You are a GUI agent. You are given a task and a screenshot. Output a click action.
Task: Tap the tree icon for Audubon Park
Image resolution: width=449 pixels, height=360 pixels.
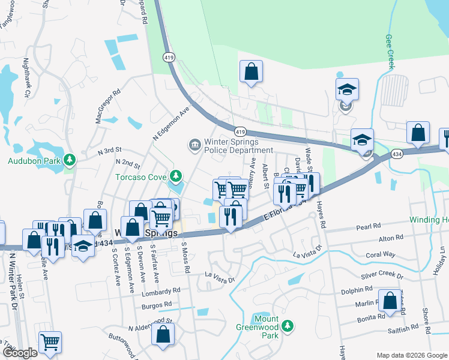coord(70,160)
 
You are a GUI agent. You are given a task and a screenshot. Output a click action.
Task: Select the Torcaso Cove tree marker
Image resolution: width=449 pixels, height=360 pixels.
coord(175,176)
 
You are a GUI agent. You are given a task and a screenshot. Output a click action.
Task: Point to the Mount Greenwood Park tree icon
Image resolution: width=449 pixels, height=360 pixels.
coord(288,326)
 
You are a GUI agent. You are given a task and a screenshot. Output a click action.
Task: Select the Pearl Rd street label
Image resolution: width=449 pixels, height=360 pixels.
coord(369,227)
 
